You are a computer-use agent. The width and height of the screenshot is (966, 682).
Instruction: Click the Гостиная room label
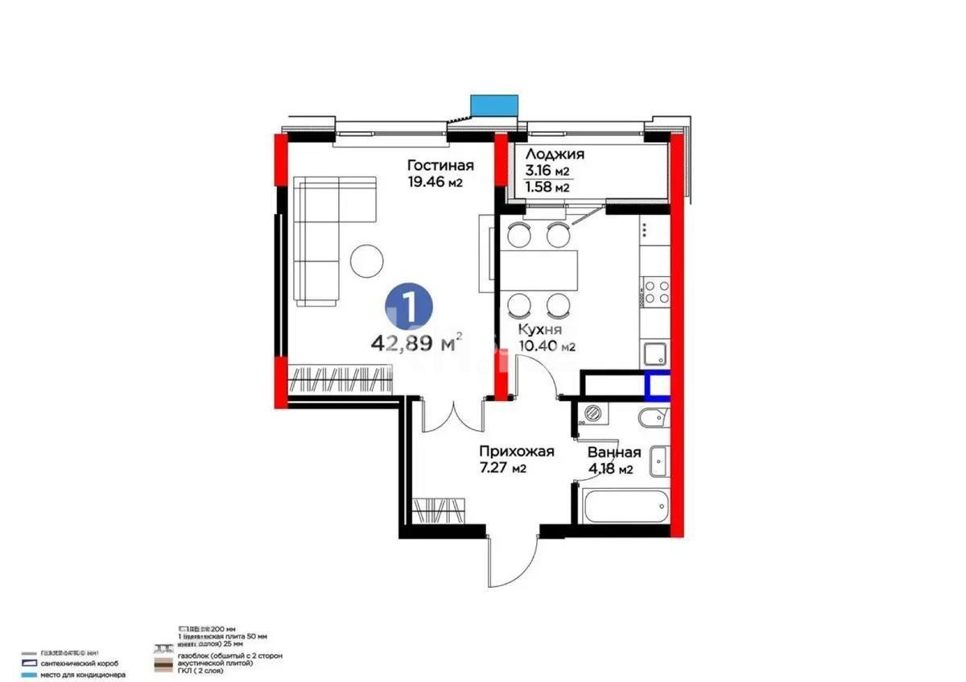(x=440, y=166)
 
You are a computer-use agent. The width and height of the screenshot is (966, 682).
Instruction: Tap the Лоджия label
(x=555, y=155)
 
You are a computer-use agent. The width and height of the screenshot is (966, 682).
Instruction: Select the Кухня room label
(x=539, y=330)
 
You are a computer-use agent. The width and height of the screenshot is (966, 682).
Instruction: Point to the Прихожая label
(x=516, y=452)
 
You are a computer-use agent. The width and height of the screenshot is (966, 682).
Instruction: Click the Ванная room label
(x=614, y=453)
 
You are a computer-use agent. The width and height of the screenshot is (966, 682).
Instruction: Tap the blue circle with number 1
(x=409, y=306)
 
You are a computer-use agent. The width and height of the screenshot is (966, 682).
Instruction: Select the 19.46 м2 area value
(x=436, y=183)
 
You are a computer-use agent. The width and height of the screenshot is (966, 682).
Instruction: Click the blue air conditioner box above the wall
(x=493, y=105)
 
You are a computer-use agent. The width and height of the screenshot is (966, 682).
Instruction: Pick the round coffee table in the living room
(x=369, y=260)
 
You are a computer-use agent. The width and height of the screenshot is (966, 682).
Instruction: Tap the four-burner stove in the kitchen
(x=654, y=291)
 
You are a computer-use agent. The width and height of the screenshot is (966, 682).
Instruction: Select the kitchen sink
(x=653, y=353)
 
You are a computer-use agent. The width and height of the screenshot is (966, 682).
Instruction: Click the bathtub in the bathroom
(x=625, y=506)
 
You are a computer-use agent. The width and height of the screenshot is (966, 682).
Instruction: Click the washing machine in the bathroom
(x=594, y=413)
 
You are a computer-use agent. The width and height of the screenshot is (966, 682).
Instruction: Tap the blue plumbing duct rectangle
(x=657, y=386)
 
